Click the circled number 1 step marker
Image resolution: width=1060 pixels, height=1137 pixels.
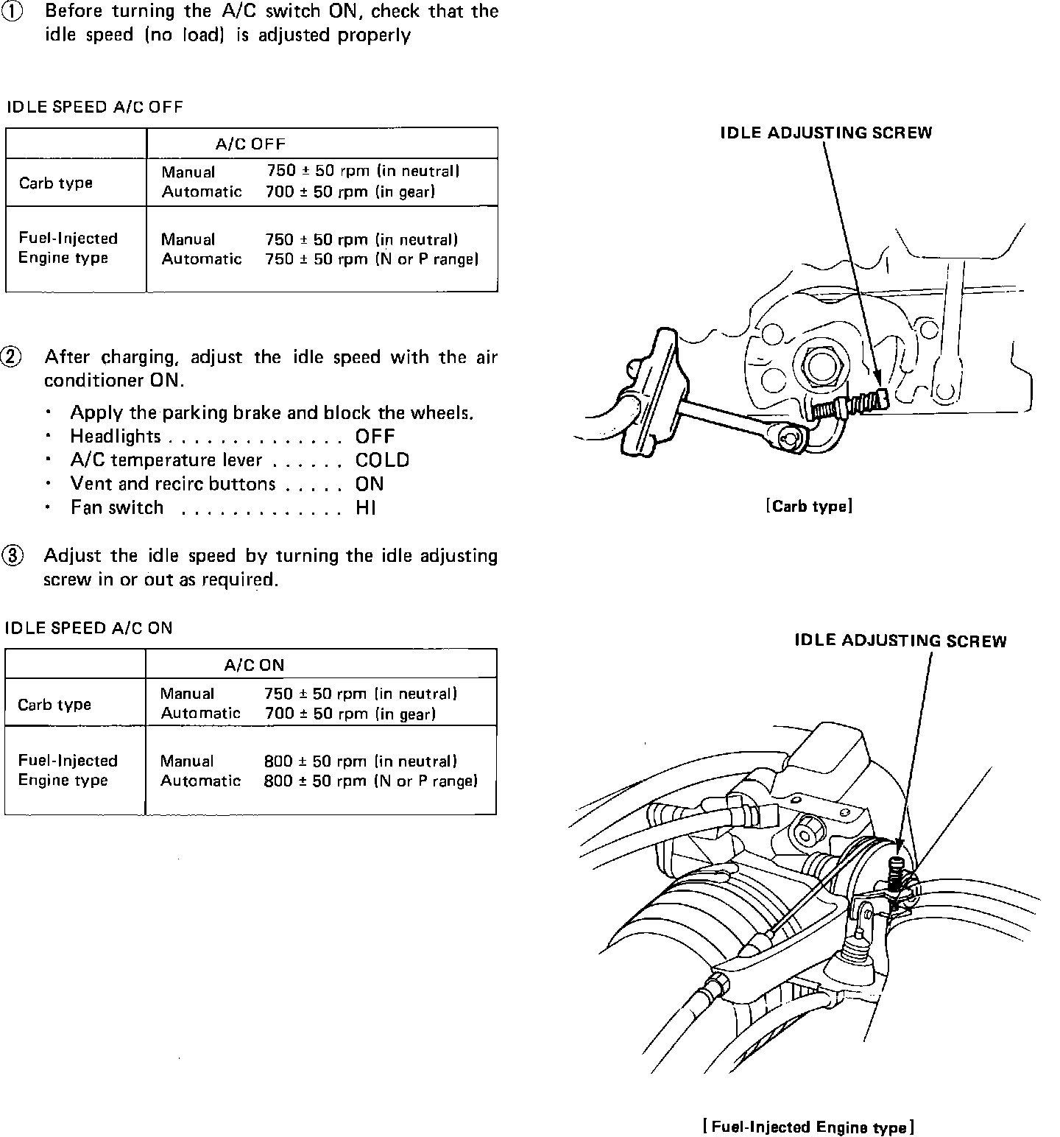(x=13, y=13)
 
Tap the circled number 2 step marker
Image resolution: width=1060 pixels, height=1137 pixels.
(x=13, y=358)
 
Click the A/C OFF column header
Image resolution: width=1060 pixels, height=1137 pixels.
(x=250, y=144)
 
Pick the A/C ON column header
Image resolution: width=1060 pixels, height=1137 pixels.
(x=254, y=665)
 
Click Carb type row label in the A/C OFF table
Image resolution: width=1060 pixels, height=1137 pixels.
(x=56, y=183)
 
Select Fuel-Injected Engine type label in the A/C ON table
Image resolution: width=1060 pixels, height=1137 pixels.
(x=68, y=770)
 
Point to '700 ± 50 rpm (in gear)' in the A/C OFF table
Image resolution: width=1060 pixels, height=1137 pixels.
(x=350, y=191)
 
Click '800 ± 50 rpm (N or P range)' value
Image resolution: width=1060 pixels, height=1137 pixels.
(x=370, y=781)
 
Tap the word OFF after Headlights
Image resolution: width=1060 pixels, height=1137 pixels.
(x=375, y=436)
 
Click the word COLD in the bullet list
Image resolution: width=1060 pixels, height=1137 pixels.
(x=382, y=460)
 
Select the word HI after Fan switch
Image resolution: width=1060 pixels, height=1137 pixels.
(x=366, y=507)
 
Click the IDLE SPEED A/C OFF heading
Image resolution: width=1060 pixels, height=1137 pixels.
(x=95, y=108)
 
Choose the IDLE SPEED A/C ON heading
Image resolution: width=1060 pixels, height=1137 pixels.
(x=89, y=628)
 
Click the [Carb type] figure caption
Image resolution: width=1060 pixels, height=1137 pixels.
(x=809, y=507)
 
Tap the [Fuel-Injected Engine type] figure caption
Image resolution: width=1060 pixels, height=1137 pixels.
(x=808, y=1127)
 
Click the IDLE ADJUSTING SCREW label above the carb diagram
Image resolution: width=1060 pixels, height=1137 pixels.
(x=826, y=133)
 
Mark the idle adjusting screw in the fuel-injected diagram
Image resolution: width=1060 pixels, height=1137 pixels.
(x=896, y=873)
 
